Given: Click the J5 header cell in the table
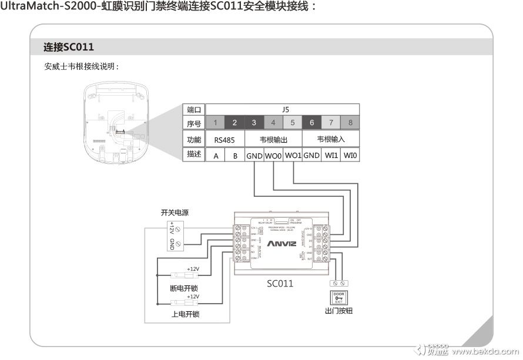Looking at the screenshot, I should (283, 109).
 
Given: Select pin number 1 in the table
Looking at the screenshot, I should (216, 123).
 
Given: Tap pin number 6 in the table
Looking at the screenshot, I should (311, 123).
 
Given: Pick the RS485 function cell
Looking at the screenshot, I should (225, 140).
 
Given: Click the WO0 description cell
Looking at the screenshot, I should (273, 156).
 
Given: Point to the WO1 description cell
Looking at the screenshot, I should (293, 156).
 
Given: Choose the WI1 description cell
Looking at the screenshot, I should (331, 156).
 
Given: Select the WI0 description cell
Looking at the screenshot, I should (350, 156).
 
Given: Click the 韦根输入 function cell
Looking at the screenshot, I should (331, 140).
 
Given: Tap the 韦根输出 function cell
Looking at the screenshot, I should (273, 140).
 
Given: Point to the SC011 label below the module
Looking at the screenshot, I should (280, 284).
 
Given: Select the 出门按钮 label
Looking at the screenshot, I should (338, 311).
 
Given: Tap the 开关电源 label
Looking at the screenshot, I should (175, 213).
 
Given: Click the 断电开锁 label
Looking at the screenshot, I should (185, 288).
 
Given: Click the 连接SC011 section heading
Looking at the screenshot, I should (69, 47).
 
